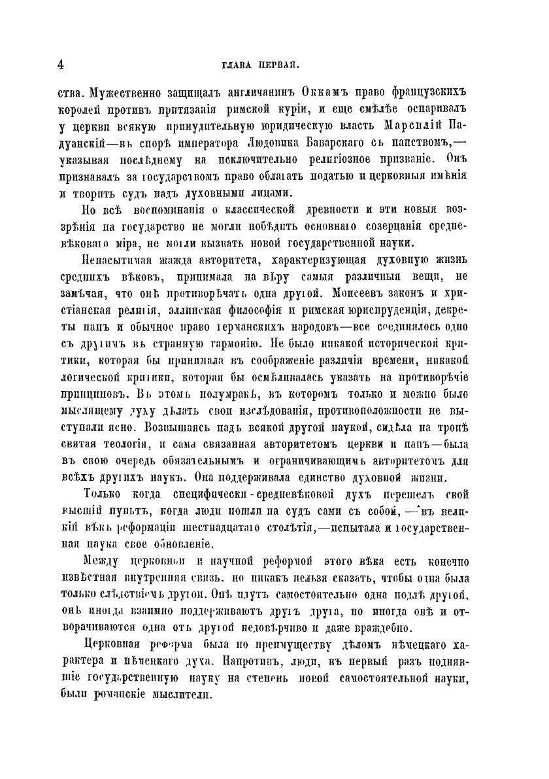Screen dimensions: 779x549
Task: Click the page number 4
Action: pos(59,65)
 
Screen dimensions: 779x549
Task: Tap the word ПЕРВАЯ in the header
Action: pos(280,65)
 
